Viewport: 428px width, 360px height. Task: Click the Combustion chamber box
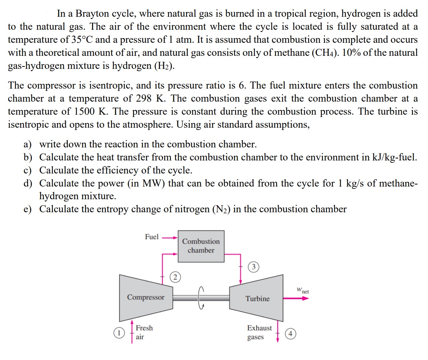pyautogui.click(x=201, y=246)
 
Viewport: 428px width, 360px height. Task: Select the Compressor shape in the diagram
pyautogui.click(x=146, y=297)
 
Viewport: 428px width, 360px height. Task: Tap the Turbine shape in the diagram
pyautogui.click(x=257, y=298)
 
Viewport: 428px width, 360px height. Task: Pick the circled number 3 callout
pyautogui.click(x=254, y=267)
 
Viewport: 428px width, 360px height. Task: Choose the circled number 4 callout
pyautogui.click(x=290, y=334)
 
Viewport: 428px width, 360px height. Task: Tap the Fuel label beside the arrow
pyautogui.click(x=152, y=237)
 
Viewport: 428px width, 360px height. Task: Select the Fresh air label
pyautogui.click(x=144, y=332)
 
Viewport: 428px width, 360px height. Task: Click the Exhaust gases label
pyautogui.click(x=259, y=332)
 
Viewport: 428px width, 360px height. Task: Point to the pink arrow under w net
pyautogui.click(x=296, y=298)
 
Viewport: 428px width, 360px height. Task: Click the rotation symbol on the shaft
pyautogui.click(x=201, y=298)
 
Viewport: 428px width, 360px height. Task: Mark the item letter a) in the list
pyautogui.click(x=27, y=144)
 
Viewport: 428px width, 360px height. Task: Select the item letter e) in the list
pyautogui.click(x=27, y=209)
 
